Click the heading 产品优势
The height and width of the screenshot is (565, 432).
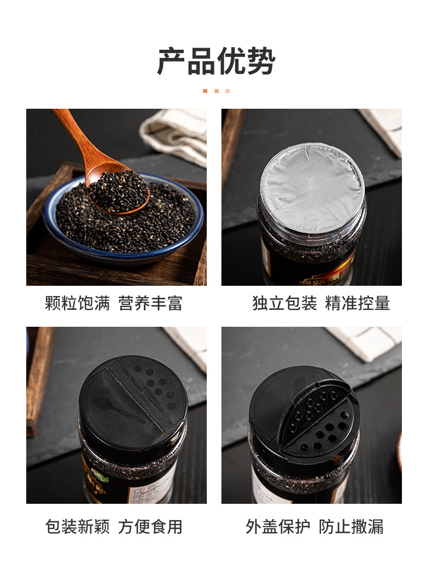216,61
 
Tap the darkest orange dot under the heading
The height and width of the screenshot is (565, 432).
205,91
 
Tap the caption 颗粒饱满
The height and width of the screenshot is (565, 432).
78,303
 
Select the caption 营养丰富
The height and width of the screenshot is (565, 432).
150,303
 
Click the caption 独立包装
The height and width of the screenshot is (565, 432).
284,303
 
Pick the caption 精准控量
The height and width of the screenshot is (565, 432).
358,303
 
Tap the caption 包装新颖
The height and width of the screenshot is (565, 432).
78,527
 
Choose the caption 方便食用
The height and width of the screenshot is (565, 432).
150,527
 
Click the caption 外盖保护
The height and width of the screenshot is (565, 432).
278,527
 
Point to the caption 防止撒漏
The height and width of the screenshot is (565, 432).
351,527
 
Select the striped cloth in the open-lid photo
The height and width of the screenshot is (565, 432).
366,342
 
